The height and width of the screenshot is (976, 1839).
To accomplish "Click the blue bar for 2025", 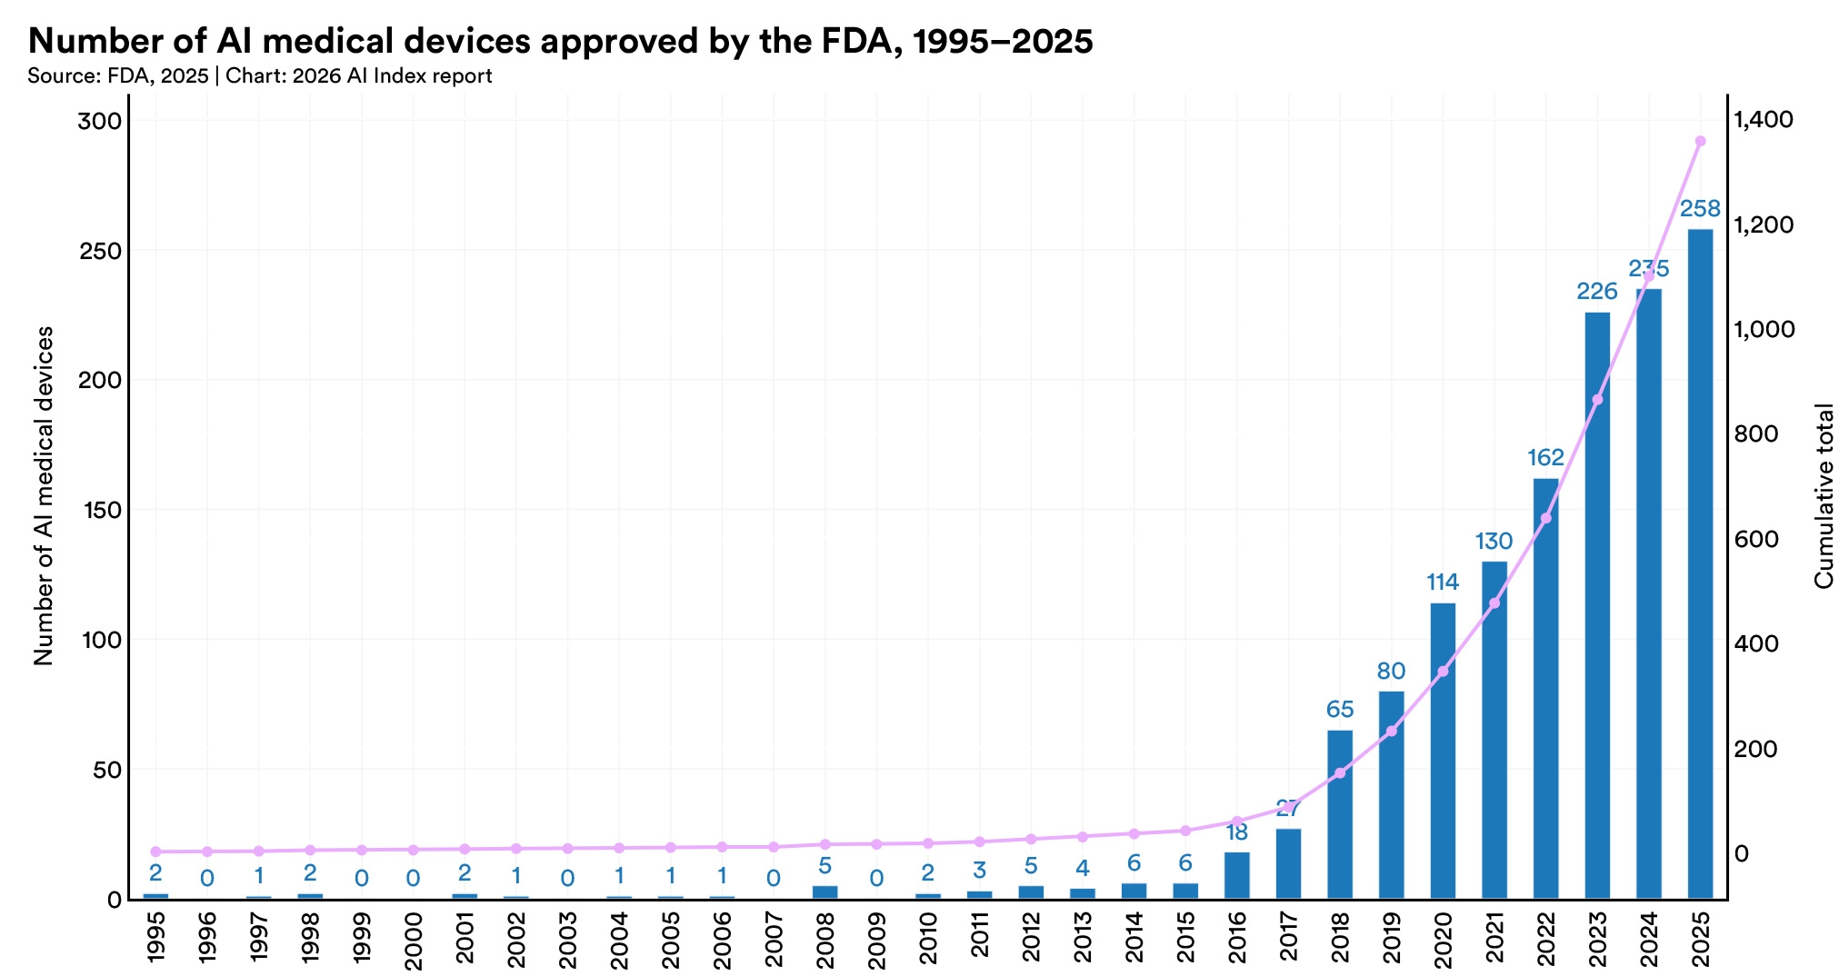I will point(1700,563).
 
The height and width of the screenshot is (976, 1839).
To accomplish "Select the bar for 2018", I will point(1340,814).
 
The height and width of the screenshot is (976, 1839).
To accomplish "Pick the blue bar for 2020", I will point(1443,751).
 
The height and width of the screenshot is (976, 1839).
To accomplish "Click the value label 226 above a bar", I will point(1597,292).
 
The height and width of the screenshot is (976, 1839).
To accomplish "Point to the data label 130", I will point(1494,542).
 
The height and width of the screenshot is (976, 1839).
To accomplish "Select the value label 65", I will point(1340,710).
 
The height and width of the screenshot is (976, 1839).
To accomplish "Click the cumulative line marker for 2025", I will point(1700,141).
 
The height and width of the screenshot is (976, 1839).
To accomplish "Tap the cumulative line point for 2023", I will point(1597,400).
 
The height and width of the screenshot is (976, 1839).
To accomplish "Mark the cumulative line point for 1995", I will point(155,852).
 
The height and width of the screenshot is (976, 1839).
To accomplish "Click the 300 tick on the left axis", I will point(100,121).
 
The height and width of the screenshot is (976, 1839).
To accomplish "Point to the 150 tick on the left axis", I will point(100,510).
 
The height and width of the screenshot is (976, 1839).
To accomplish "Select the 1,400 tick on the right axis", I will point(1764,120).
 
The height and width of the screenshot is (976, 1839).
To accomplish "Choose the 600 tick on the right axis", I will point(1755,539).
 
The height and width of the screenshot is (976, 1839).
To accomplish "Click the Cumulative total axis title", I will point(1824,496).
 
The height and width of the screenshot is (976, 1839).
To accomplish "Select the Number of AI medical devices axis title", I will point(43,496).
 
